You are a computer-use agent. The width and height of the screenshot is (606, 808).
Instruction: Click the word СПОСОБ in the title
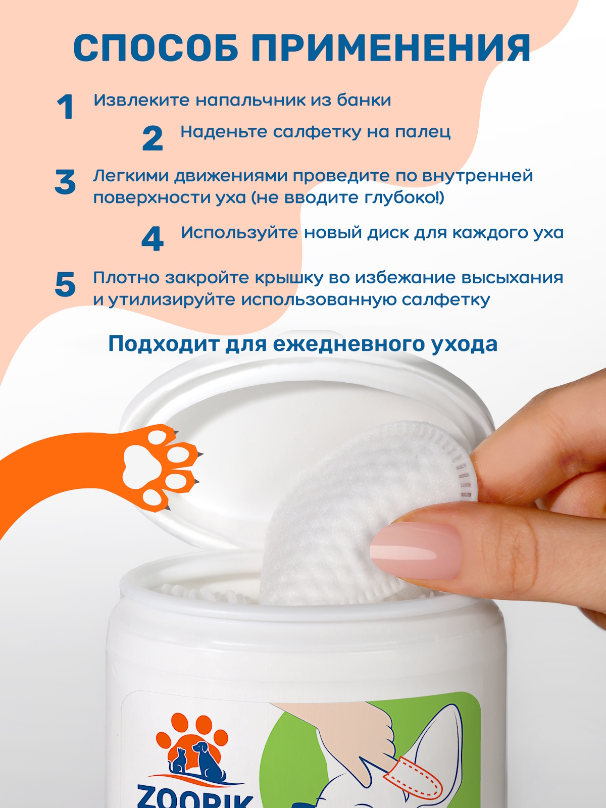[156, 48]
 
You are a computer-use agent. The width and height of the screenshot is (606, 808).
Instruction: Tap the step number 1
[65, 107]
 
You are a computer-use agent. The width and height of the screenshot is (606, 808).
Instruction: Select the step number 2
[153, 138]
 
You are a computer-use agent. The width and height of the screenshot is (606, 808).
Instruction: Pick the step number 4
[153, 238]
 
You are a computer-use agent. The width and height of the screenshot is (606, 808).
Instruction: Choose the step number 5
[65, 284]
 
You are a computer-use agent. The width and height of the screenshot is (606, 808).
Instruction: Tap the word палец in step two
[423, 132]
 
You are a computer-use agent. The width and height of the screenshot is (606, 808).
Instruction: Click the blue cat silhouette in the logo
[178, 761]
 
